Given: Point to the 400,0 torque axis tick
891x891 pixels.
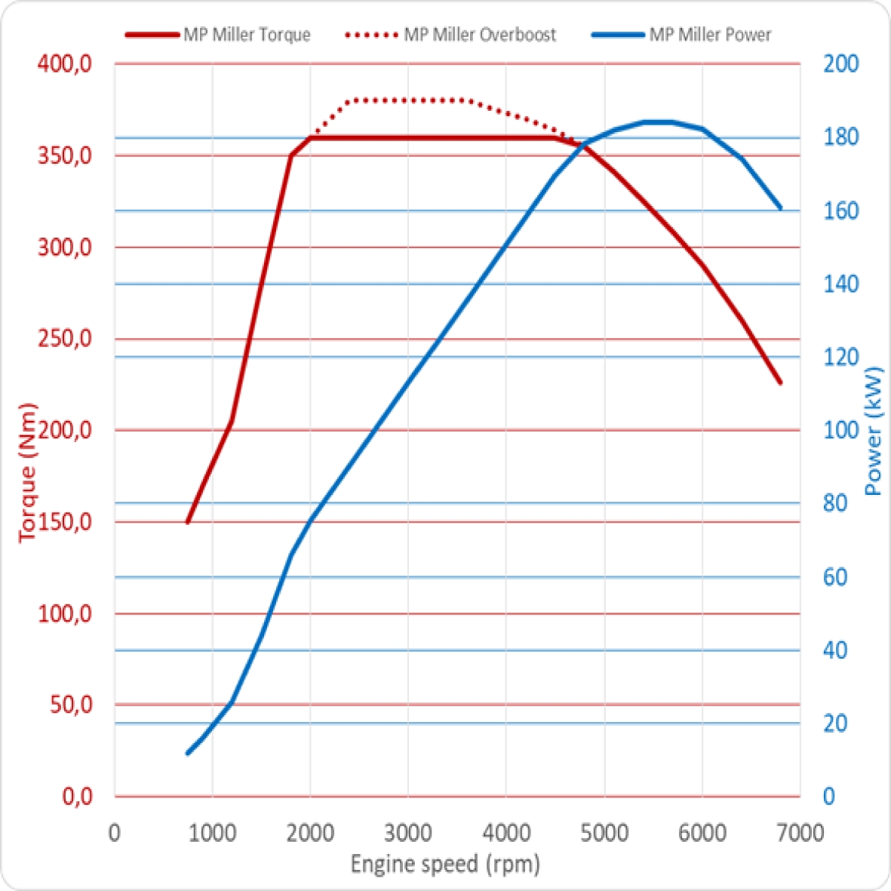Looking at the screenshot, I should click(65, 64).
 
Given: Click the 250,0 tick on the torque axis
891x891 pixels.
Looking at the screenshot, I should click(65, 339).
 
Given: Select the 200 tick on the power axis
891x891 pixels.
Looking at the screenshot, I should click(840, 64).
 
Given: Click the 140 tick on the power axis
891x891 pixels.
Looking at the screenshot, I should click(840, 284).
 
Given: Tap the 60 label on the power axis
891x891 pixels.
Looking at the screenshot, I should click(835, 577).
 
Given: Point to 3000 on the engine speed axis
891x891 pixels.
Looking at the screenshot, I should click(407, 834).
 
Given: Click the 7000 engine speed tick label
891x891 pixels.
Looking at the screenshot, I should click(799, 834).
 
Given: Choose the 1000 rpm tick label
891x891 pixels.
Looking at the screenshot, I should click(212, 834).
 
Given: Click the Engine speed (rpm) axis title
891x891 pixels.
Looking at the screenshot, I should click(445, 864).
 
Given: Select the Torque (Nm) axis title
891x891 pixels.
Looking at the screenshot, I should click(28, 472).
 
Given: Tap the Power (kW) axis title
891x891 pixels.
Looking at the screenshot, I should click(874, 430).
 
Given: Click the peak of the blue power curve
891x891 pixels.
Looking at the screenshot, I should click(656, 121).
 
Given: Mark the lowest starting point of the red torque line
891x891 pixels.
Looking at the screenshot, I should click(188, 521).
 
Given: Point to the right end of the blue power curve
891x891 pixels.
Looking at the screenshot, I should click(780, 207).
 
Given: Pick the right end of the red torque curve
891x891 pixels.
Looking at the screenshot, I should click(780, 383).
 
